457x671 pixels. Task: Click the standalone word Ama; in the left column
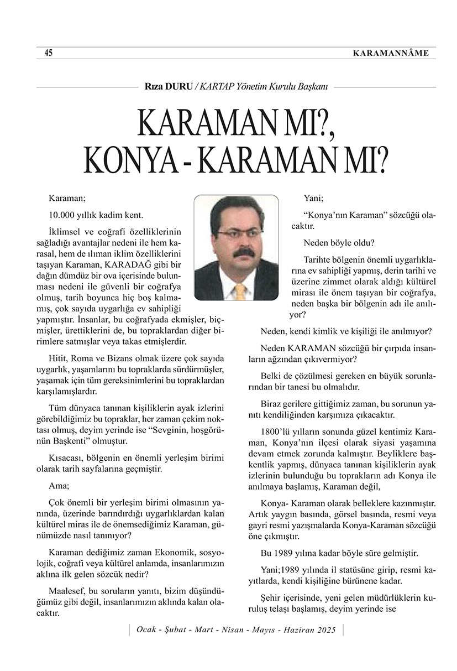(x=59, y=487)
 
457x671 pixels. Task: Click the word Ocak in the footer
(x=145, y=631)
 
